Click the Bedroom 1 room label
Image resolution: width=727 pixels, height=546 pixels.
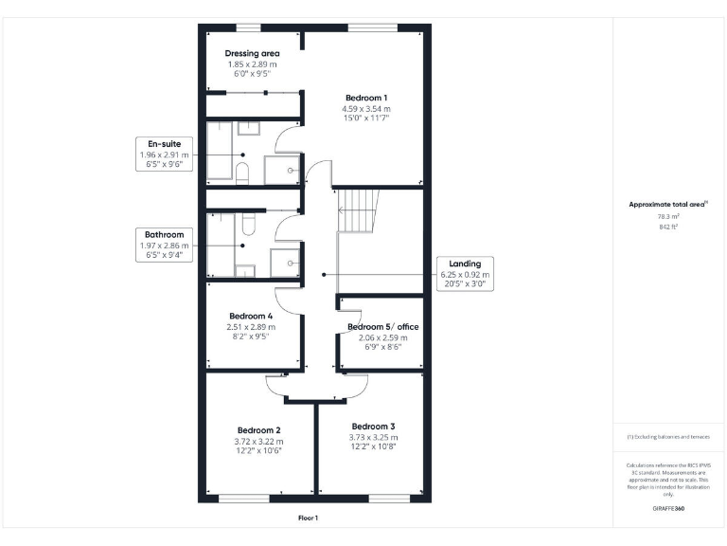coord(365,98)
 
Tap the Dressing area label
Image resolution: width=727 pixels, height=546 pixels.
coord(252,53)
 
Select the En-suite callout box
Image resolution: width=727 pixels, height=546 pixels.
coord(165,154)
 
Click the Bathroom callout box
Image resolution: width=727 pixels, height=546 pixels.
coord(165,243)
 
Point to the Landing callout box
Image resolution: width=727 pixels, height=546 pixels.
coord(465,273)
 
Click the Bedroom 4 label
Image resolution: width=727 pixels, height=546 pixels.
coord(251,316)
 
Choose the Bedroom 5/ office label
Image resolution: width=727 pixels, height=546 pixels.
coord(382,326)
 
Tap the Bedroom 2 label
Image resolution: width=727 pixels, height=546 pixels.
coord(259,428)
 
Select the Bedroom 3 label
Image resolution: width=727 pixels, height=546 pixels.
coord(373,427)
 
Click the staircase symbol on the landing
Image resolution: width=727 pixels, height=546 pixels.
coord(359,209)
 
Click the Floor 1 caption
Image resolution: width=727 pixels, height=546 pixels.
coord(309,518)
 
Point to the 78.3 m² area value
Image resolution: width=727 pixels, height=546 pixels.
coord(669,216)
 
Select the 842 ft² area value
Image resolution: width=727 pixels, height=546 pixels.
coord(669,227)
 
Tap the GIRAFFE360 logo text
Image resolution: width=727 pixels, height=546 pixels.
coord(669,509)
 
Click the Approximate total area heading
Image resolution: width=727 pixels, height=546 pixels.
coord(669,204)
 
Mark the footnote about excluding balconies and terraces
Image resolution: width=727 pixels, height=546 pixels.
coord(669,437)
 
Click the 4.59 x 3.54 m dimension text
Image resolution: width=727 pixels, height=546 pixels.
coord(365,109)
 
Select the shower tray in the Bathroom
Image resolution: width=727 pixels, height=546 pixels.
coord(285,263)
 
